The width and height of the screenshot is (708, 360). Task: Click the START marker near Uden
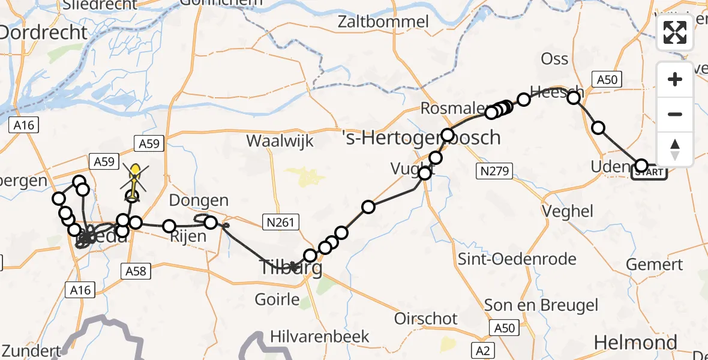pos(649,173)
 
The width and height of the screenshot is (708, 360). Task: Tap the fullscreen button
pos(675,32)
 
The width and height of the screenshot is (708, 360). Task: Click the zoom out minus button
pos(675,114)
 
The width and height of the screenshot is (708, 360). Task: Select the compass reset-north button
pos(675,149)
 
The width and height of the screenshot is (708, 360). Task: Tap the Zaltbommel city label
pos(383,23)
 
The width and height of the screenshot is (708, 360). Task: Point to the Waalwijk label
pos(278,140)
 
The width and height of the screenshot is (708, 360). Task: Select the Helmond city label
pos(635,343)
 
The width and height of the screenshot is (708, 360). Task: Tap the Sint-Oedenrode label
pos(517,259)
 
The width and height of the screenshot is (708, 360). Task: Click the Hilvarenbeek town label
pos(320,336)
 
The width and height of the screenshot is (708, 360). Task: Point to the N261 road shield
pos(281,223)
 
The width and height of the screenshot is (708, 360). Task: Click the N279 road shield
pos(494,172)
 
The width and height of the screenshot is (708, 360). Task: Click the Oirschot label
pos(426,318)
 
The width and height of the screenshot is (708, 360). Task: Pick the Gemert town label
pos(654,264)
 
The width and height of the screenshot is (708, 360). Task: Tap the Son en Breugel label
pos(541,305)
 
